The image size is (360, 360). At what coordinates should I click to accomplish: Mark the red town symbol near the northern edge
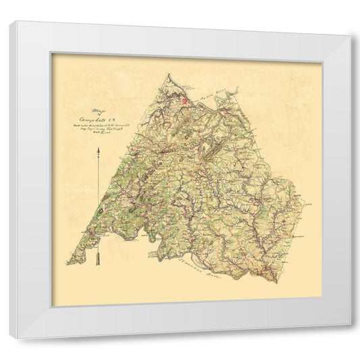pos(185,102)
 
